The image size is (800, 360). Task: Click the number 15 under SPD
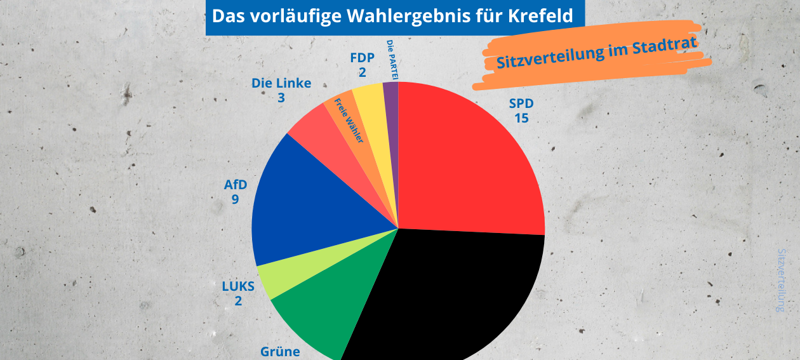click(x=521, y=117)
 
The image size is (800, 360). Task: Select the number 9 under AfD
click(x=235, y=200)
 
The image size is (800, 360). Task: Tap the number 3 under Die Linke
click(x=281, y=98)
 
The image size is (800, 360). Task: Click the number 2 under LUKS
click(x=238, y=301)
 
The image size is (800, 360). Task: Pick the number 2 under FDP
click(x=362, y=73)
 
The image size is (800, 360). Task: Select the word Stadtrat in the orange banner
click(x=665, y=48)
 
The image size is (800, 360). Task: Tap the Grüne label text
click(x=280, y=352)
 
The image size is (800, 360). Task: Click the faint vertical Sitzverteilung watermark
click(x=781, y=279)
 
